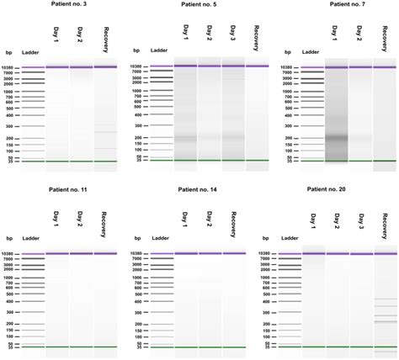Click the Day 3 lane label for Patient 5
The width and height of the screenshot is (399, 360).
coord(232,37)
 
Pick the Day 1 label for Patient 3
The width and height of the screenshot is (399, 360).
coord(57,34)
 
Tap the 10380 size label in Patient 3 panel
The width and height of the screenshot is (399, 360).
coord(13,66)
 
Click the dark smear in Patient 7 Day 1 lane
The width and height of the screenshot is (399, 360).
coord(337,138)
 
